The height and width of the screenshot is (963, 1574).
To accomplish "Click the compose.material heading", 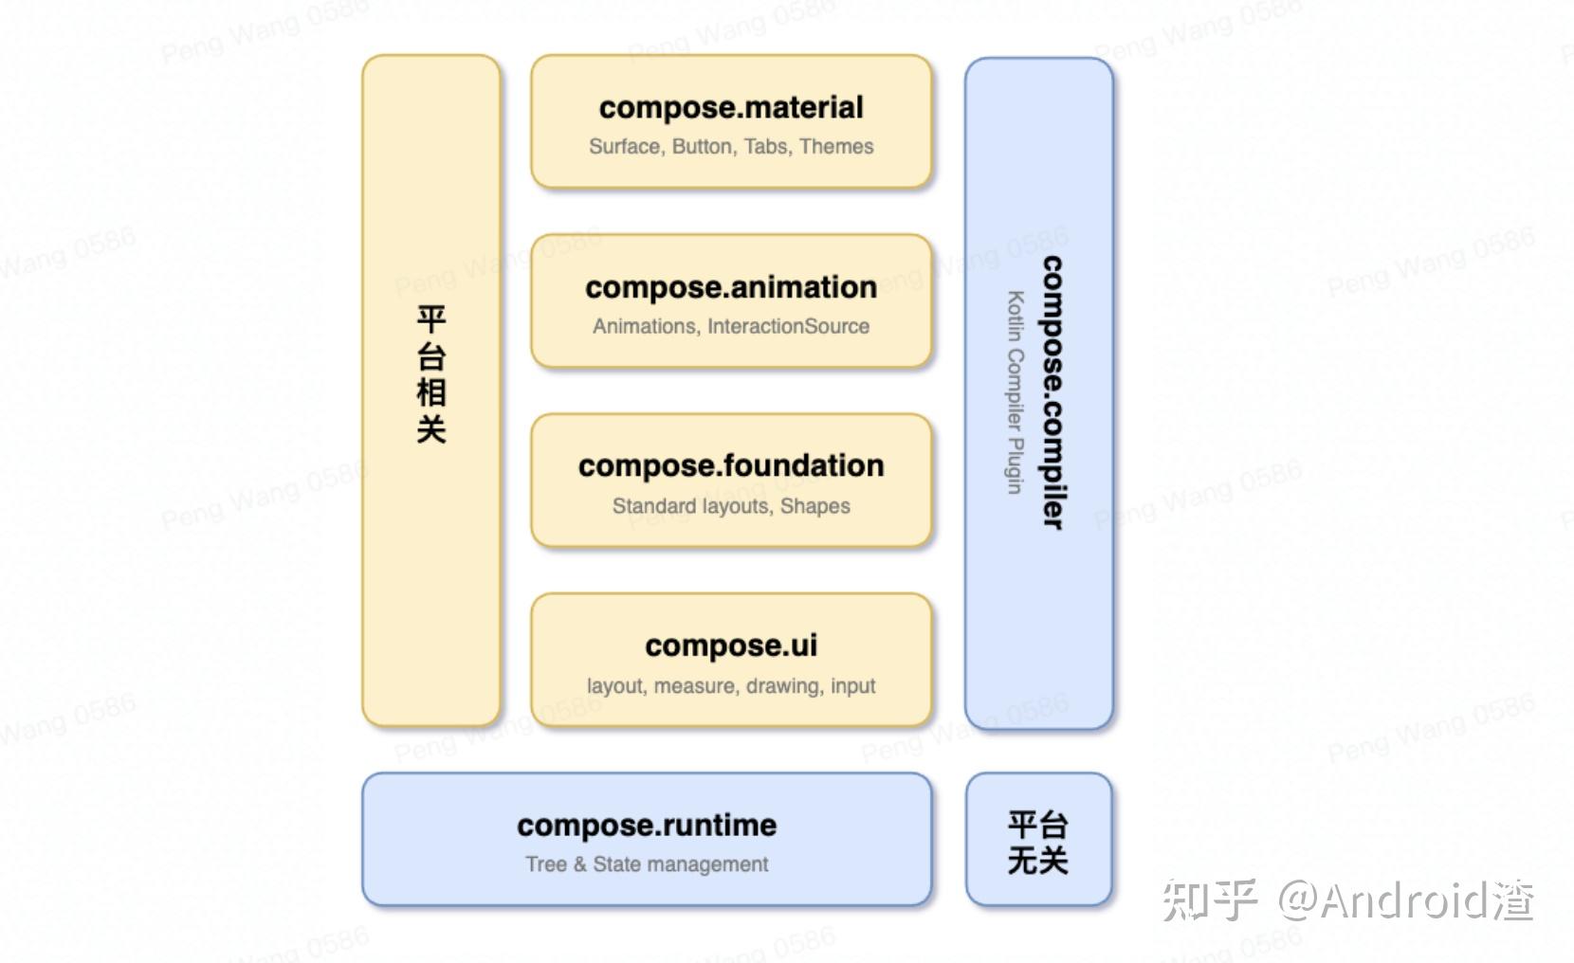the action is [x=731, y=108].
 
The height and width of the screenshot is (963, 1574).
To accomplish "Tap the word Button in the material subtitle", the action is [x=702, y=146].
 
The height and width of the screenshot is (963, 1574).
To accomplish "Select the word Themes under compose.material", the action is [x=836, y=146].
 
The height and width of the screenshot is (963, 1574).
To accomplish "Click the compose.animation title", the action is [x=731, y=288].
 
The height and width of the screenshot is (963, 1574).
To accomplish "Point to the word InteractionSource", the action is [x=788, y=326].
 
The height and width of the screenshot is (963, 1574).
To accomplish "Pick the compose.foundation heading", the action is [x=731, y=466].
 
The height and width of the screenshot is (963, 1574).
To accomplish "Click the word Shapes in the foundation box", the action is [x=815, y=506].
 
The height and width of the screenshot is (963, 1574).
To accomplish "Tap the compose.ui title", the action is [x=731, y=646].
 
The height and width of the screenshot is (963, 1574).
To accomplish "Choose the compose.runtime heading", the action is [x=647, y=826].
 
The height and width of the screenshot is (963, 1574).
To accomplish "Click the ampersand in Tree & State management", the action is [x=579, y=864].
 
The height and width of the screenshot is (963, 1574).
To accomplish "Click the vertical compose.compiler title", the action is [x=1052, y=392].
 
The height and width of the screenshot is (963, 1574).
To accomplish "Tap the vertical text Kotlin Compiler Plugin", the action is [x=1016, y=392].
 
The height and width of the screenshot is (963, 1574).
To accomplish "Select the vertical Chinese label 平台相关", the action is [x=431, y=373].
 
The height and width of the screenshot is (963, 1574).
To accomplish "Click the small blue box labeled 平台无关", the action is [x=1038, y=840].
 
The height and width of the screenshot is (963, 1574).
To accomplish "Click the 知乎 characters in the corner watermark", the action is [x=1210, y=899].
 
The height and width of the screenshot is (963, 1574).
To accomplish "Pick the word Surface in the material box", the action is [x=626, y=146].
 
